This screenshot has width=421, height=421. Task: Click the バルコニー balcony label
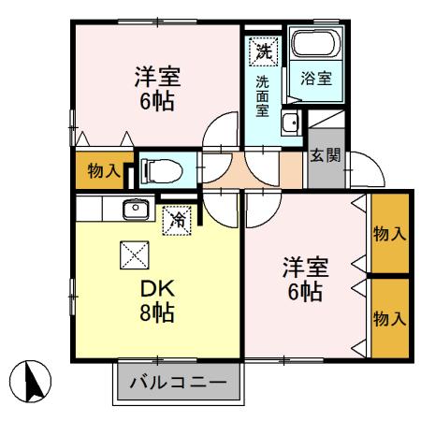tap(178, 382)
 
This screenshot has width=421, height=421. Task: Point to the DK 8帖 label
tap(156, 297)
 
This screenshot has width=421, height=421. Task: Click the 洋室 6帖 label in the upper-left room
tap(156, 86)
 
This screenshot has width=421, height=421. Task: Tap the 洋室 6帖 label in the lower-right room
tap(304, 280)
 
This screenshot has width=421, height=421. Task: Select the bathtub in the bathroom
tap(316, 44)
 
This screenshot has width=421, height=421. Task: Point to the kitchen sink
tap(136, 208)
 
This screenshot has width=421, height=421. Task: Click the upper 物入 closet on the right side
tap(389, 233)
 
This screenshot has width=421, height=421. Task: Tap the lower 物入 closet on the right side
tap(389, 318)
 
